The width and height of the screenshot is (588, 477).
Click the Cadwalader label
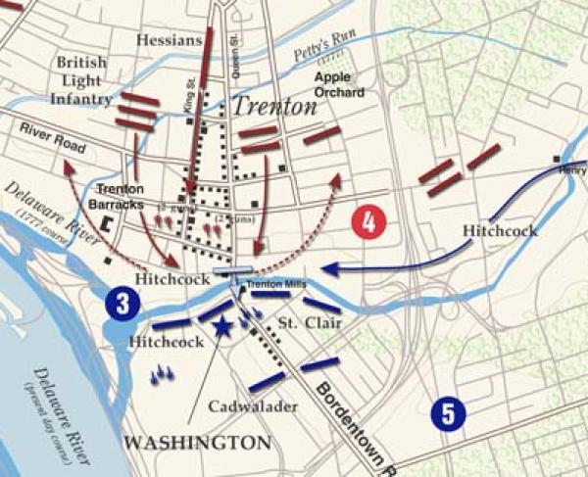(248, 406)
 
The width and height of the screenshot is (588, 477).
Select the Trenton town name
(274, 108)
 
